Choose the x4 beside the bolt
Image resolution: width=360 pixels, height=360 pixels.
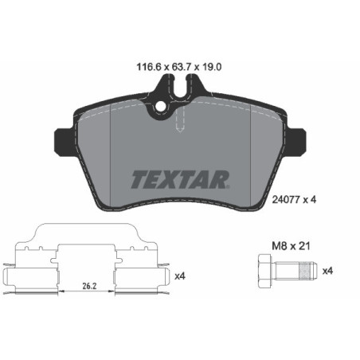(326, 271)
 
